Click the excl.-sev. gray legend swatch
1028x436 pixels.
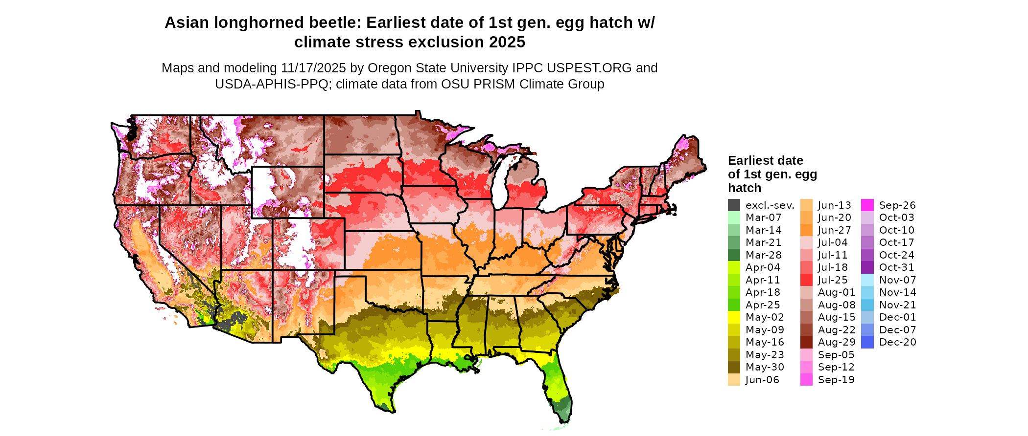click(x=734, y=205)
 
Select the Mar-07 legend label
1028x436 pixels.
click(x=763, y=218)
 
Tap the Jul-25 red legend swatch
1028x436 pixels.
click(x=806, y=280)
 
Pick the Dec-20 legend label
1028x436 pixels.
click(x=897, y=342)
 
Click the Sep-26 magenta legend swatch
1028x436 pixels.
click(x=867, y=205)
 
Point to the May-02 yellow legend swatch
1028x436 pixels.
click(x=734, y=317)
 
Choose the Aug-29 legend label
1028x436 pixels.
click(x=837, y=342)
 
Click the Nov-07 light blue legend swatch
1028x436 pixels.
click(x=867, y=280)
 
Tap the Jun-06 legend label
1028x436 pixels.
click(x=762, y=380)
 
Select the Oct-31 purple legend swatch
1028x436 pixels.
click(x=867, y=267)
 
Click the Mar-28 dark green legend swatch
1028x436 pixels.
click(x=734, y=255)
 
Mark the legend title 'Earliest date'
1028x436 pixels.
click(x=765, y=161)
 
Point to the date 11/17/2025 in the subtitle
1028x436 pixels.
click(x=313, y=68)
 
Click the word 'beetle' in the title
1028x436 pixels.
click(x=334, y=23)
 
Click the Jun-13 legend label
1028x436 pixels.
click(x=835, y=205)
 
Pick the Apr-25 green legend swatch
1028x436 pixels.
click(x=734, y=305)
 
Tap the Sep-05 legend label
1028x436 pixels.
click(x=836, y=355)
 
